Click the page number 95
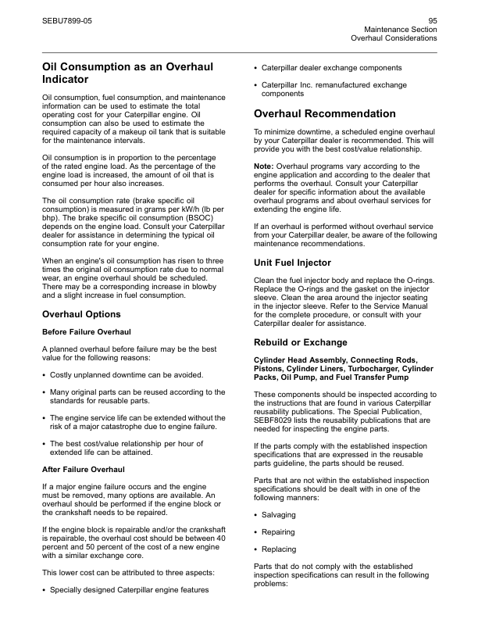432,19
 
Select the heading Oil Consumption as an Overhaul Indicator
127,73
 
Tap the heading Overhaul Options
81,314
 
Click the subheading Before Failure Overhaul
86,332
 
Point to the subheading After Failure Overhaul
82,470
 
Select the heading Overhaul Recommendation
325,114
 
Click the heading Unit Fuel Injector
293,263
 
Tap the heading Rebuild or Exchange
301,342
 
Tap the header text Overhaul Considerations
394,38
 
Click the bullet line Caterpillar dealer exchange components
332,68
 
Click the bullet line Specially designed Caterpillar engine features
129,590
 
